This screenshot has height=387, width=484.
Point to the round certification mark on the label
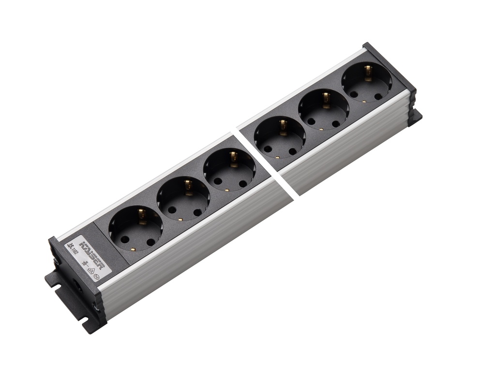(x=96, y=278)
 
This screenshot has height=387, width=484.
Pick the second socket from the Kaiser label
(x=183, y=198)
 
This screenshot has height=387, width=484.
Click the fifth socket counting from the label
(x=324, y=111)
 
